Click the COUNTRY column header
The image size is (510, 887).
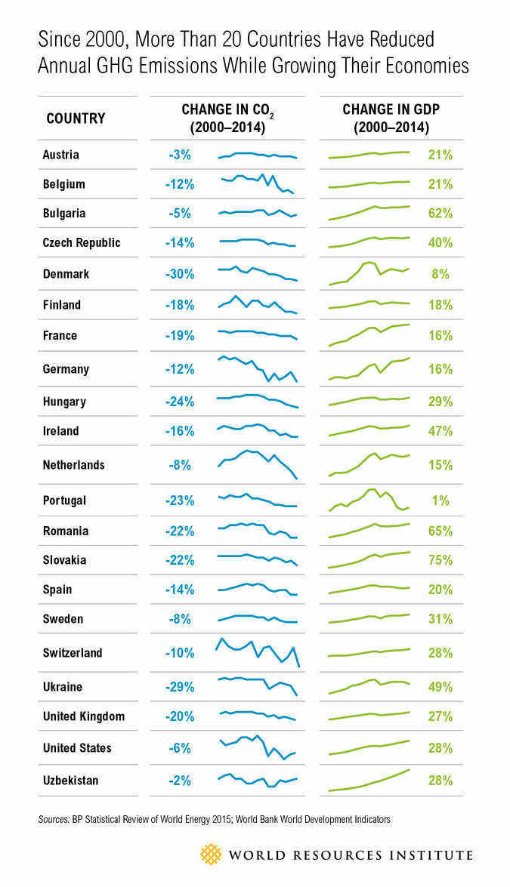76,119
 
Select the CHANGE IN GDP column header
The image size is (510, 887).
391,118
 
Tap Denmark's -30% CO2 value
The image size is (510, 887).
181,274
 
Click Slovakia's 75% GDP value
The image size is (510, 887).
440,560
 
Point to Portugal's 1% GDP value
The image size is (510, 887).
441,500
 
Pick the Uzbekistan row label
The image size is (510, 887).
70,780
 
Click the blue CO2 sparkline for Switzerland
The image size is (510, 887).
258,651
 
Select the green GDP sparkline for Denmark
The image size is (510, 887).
369,273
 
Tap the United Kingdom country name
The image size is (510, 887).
83,716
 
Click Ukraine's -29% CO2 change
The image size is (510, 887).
181,687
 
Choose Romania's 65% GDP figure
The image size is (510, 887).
440,531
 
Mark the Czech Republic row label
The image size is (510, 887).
82,243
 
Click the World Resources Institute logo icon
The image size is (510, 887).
211,855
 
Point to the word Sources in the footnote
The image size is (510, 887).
53,818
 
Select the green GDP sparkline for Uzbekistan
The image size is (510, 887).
369,781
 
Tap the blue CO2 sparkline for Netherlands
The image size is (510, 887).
258,463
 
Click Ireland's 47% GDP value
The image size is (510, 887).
440,431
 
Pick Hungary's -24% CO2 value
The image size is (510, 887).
181,402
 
